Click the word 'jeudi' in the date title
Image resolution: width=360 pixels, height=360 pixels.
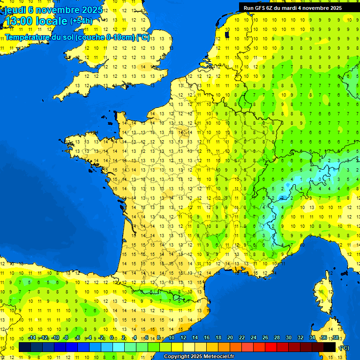click(15, 10)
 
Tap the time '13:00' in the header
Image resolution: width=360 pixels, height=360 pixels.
click(20, 21)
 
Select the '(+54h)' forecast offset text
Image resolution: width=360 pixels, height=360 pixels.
click(81, 21)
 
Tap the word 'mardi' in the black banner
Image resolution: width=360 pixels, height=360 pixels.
click(294, 8)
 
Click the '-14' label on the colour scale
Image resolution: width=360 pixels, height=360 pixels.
click(32, 337)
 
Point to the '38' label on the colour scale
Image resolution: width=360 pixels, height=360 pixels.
click(336, 337)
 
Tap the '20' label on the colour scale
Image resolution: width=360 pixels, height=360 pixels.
click(230, 337)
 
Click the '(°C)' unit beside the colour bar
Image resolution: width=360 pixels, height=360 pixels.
click(345, 348)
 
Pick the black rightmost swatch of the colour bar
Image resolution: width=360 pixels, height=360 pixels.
click(330, 347)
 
